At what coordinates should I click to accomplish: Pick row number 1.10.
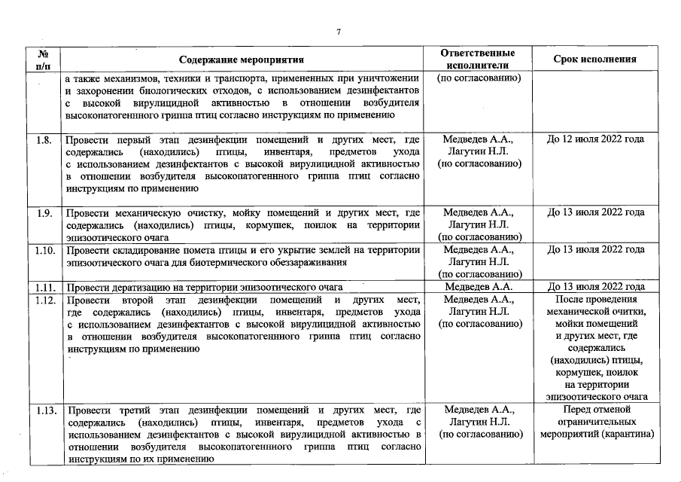46,249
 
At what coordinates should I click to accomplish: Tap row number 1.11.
46,287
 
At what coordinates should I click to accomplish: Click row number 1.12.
46,299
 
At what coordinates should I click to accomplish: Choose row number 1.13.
46,410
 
